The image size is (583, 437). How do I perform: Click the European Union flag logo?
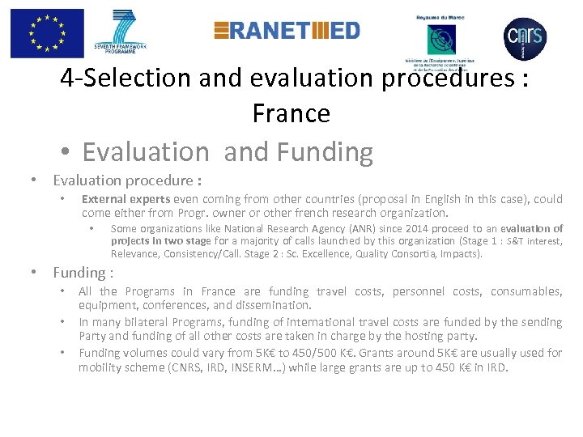pyautogui.click(x=47, y=33)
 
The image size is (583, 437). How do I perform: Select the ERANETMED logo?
pyautogui.click(x=287, y=31)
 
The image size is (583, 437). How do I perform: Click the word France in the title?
pyautogui.click(x=291, y=112)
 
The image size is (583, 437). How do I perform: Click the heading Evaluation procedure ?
pyautogui.click(x=127, y=180)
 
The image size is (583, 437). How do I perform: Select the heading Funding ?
pyautogui.click(x=83, y=273)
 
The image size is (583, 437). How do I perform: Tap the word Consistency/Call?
pyautogui.click(x=198, y=253)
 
